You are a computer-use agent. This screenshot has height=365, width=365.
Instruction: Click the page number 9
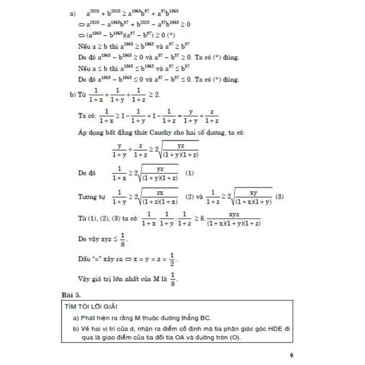tap(292, 355)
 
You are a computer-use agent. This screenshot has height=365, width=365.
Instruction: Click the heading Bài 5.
tap(71, 295)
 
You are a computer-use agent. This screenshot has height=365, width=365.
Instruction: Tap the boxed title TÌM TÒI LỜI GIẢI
tap(91, 307)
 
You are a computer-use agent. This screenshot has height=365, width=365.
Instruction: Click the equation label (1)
tap(190, 173)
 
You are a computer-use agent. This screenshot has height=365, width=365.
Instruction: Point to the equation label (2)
tap(190, 196)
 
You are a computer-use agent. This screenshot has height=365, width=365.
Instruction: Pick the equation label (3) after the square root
tap(279, 196)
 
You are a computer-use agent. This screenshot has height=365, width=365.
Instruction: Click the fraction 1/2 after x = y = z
tap(172, 259)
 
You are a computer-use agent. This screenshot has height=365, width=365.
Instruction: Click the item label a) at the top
tap(73, 14)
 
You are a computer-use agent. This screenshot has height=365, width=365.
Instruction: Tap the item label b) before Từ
tap(73, 95)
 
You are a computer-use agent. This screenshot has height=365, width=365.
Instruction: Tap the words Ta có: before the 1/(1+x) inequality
tap(87, 116)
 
